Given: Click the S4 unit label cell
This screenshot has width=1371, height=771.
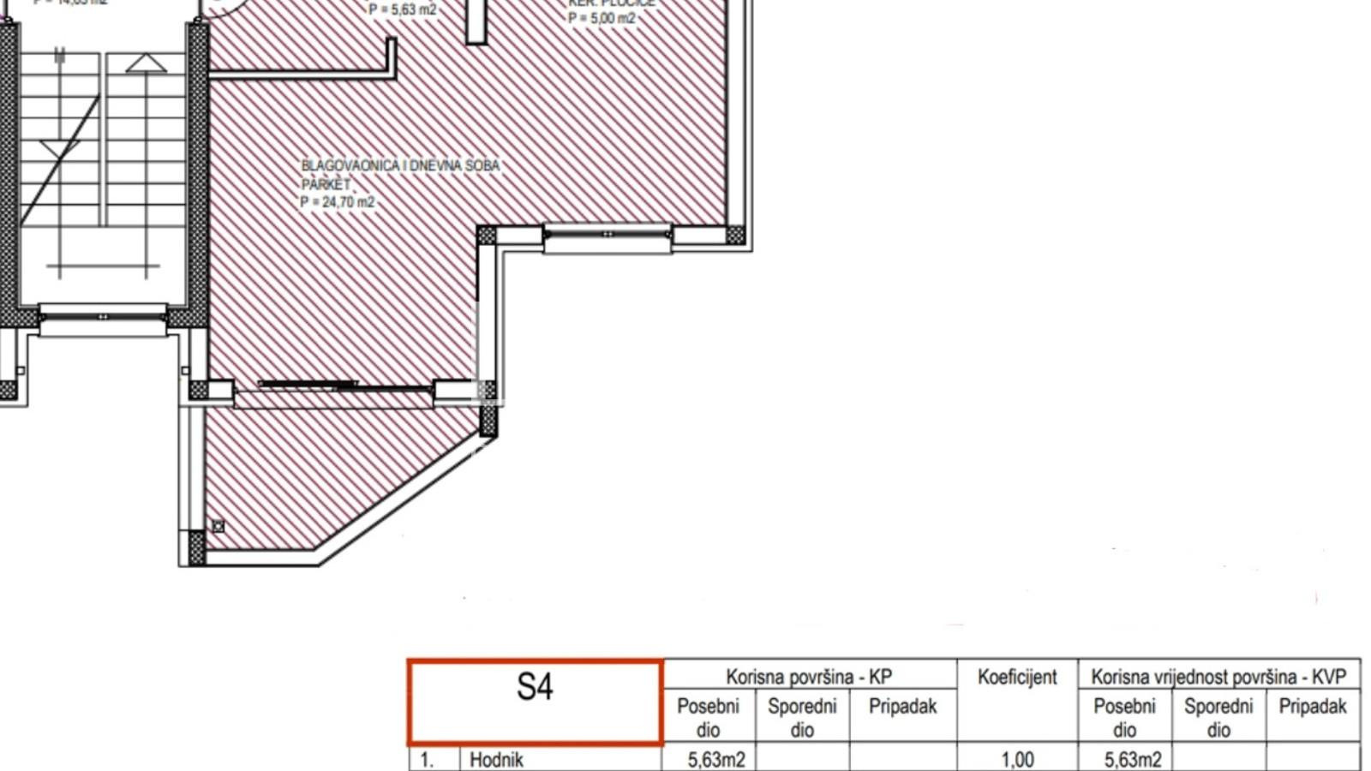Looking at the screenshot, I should (535, 701).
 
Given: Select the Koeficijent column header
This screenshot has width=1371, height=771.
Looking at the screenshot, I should (1017, 677).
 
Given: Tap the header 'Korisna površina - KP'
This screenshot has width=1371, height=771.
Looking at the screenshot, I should (809, 677).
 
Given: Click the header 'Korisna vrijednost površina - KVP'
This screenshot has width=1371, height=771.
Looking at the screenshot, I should (1218, 677).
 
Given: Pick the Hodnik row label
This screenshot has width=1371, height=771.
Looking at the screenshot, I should (496, 760).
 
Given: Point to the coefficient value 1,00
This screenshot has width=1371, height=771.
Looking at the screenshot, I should (1017, 760).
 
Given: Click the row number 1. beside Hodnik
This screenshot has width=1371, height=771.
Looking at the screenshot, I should (426, 760).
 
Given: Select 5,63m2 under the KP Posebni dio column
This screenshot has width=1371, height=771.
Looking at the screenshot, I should (716, 760).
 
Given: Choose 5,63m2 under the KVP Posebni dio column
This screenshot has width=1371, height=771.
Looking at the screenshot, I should (1133, 760).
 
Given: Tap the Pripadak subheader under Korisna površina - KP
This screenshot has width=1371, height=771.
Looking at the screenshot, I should (902, 707).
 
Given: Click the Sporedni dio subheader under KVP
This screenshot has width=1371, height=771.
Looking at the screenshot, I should (1218, 718).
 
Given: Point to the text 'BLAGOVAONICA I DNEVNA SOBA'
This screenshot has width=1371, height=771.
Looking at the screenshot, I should (400, 165).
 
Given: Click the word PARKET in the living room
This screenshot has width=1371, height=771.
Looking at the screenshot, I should (326, 184).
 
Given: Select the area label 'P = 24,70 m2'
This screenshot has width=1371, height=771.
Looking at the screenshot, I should (338, 202).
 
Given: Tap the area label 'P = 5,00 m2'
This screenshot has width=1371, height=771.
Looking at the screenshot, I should (602, 18).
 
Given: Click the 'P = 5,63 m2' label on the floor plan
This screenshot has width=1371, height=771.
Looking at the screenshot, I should (403, 10).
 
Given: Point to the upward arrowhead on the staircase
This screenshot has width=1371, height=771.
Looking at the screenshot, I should (146, 63).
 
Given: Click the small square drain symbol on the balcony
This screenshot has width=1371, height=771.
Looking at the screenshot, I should (218, 527).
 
